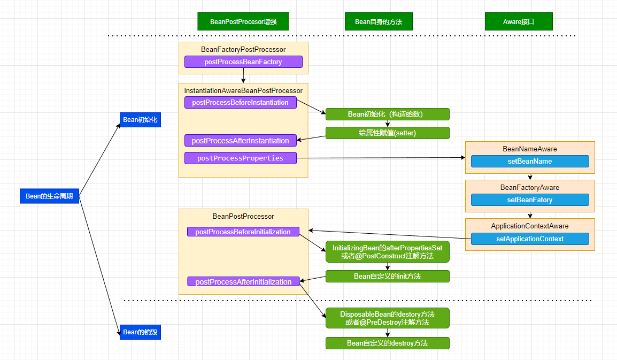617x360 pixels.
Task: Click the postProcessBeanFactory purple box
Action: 243,62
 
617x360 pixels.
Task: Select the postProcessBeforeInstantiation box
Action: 240,103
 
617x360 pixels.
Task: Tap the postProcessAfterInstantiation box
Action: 240,141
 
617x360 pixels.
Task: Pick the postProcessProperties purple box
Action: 240,158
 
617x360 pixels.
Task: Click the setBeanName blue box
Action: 529,162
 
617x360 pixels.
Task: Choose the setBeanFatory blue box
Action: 529,200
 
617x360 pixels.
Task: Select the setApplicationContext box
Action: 529,239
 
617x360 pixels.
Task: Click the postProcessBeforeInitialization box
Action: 243,232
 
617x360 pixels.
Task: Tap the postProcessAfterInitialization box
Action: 243,282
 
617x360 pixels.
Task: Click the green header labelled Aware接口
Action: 519,22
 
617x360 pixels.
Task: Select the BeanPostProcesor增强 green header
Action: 243,22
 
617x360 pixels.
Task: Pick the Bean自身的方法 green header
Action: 379,22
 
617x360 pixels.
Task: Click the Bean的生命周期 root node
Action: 49,196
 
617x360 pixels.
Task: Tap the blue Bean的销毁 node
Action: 140,332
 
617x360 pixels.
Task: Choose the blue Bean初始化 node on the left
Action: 140,120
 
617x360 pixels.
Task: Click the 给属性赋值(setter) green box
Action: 387,133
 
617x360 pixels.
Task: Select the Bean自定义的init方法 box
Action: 387,276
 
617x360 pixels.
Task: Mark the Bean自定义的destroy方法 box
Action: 387,343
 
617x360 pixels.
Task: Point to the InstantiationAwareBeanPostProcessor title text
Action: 243,91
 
